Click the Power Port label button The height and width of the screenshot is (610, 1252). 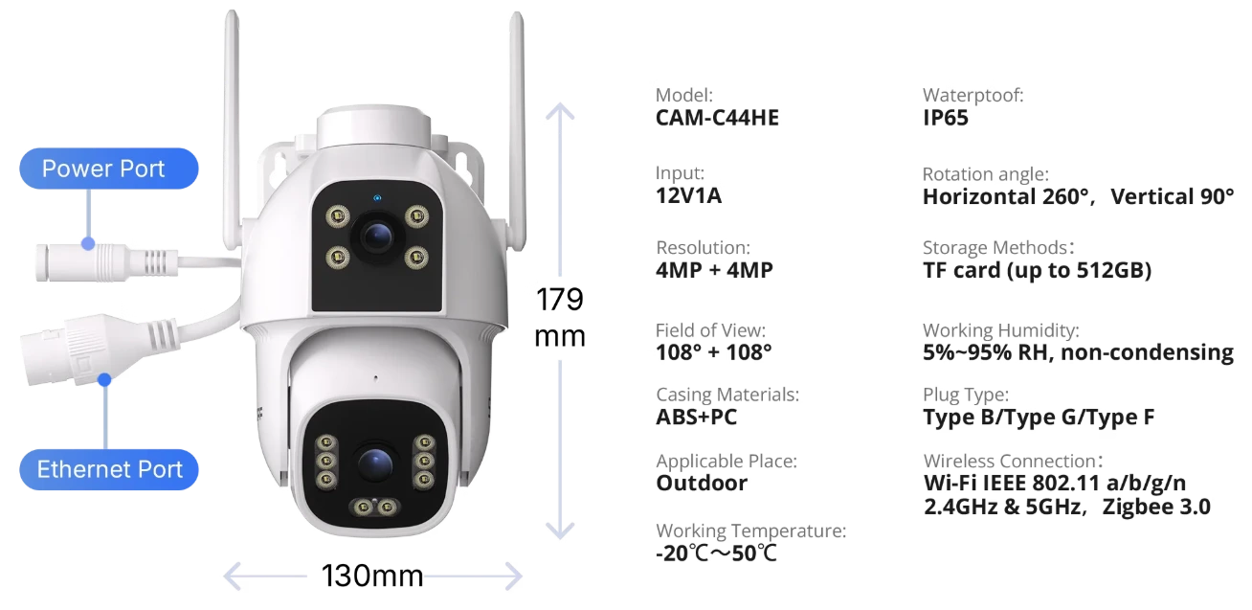(109, 169)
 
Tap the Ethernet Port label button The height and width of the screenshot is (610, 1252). (109, 469)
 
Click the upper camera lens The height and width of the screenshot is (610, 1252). (377, 237)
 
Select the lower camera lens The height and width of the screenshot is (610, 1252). (375, 464)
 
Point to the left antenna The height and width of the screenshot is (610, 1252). (232, 128)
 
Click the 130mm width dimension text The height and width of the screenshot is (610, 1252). (372, 576)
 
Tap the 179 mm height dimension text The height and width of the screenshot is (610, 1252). (560, 318)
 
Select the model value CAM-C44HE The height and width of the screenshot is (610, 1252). (717, 118)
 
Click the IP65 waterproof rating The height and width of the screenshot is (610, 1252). (946, 118)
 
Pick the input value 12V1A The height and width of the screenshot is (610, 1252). (688, 196)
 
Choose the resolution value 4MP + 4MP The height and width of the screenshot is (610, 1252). (714, 270)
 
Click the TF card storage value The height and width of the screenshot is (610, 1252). (1038, 271)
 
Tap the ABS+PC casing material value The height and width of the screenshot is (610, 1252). (697, 418)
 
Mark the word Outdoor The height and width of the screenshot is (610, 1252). (702, 483)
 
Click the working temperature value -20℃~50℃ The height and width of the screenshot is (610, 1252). (716, 554)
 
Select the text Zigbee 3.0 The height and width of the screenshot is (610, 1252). (1156, 508)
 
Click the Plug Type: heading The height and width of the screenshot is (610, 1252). (966, 395)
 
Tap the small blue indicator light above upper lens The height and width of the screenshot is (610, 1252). (377, 198)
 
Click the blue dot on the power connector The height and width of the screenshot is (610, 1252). (88, 244)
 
